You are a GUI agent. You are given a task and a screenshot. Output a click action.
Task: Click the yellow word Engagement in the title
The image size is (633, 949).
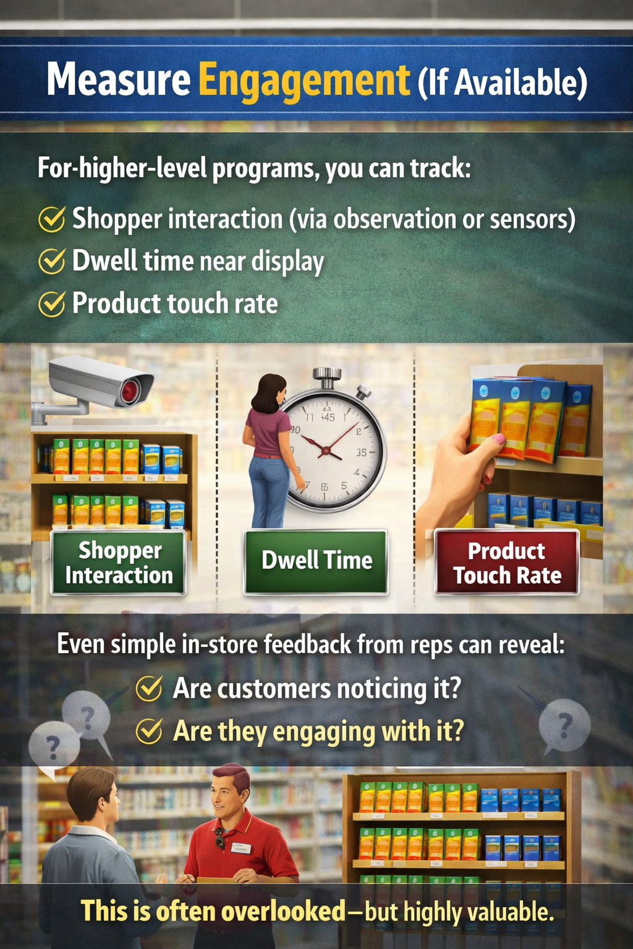[x=304, y=80]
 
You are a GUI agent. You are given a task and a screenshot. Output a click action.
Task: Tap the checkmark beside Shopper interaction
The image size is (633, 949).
[x=51, y=219]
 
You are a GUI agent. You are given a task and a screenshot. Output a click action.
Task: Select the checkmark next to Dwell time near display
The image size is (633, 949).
[x=51, y=261]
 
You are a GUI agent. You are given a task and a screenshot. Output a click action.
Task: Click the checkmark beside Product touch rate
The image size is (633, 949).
[x=51, y=303]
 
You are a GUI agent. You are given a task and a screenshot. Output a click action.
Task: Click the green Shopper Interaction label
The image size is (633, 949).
[x=119, y=563]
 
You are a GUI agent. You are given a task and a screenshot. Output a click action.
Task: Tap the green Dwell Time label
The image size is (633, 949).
[x=316, y=561]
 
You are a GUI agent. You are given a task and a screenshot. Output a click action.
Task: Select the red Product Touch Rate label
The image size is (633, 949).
[x=507, y=563]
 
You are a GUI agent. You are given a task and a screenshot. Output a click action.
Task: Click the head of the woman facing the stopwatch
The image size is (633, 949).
[x=270, y=392]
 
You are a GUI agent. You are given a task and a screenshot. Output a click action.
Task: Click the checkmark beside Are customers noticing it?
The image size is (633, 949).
[x=149, y=688]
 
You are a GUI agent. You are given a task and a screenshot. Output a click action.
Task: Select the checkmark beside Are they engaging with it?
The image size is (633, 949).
[x=149, y=731]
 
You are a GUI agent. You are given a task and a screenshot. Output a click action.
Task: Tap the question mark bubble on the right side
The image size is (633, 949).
[x=564, y=725]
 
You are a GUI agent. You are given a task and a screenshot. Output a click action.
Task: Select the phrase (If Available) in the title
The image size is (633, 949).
[x=502, y=83]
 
